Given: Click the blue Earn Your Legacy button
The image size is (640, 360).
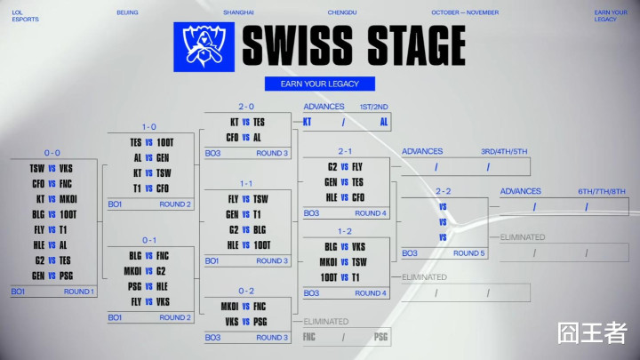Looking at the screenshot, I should click(320, 84).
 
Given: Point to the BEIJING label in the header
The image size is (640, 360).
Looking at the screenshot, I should click(127, 13).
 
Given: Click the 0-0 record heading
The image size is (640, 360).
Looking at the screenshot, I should click(52, 153).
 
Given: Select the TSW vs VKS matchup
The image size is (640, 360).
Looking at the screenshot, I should click(52, 168).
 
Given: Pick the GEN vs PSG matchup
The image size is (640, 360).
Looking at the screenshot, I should click(52, 275).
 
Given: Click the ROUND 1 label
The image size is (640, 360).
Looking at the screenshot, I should click(77, 292).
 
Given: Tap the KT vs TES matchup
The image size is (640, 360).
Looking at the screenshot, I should click(247, 122).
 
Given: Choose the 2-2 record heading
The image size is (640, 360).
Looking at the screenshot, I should click(444, 190).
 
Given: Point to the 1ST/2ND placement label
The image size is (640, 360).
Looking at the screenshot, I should click(374, 107).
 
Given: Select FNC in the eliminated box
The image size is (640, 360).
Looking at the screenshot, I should click(309, 337).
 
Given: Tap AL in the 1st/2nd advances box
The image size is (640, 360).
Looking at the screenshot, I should click(384, 122).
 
